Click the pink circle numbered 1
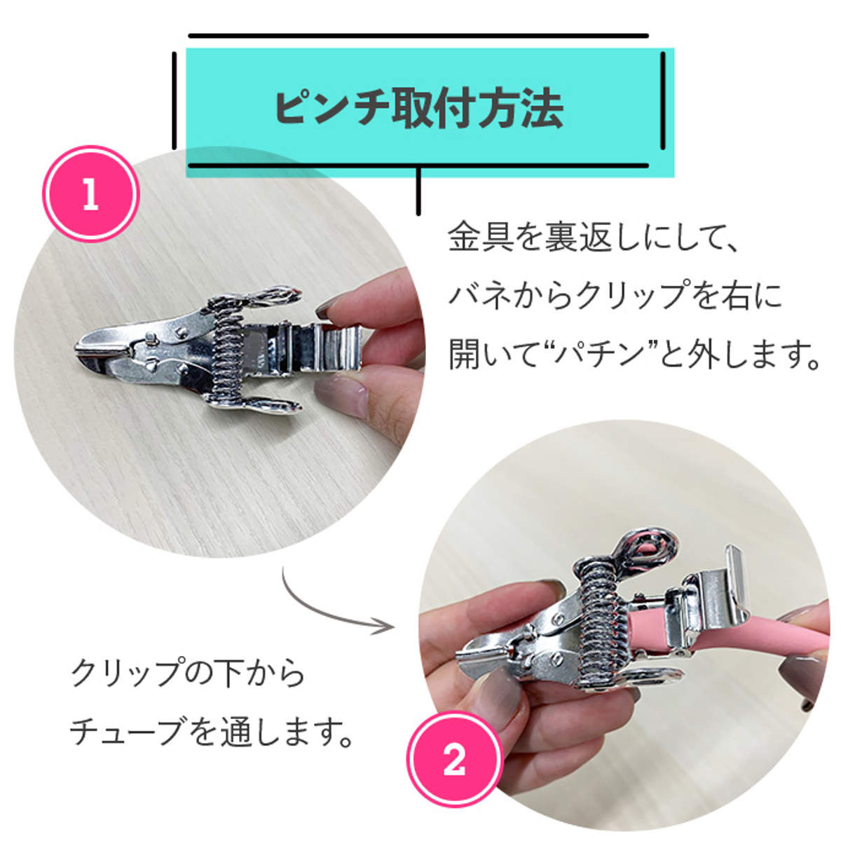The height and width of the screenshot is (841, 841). (90, 194)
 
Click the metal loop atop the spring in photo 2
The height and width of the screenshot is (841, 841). (648, 547)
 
